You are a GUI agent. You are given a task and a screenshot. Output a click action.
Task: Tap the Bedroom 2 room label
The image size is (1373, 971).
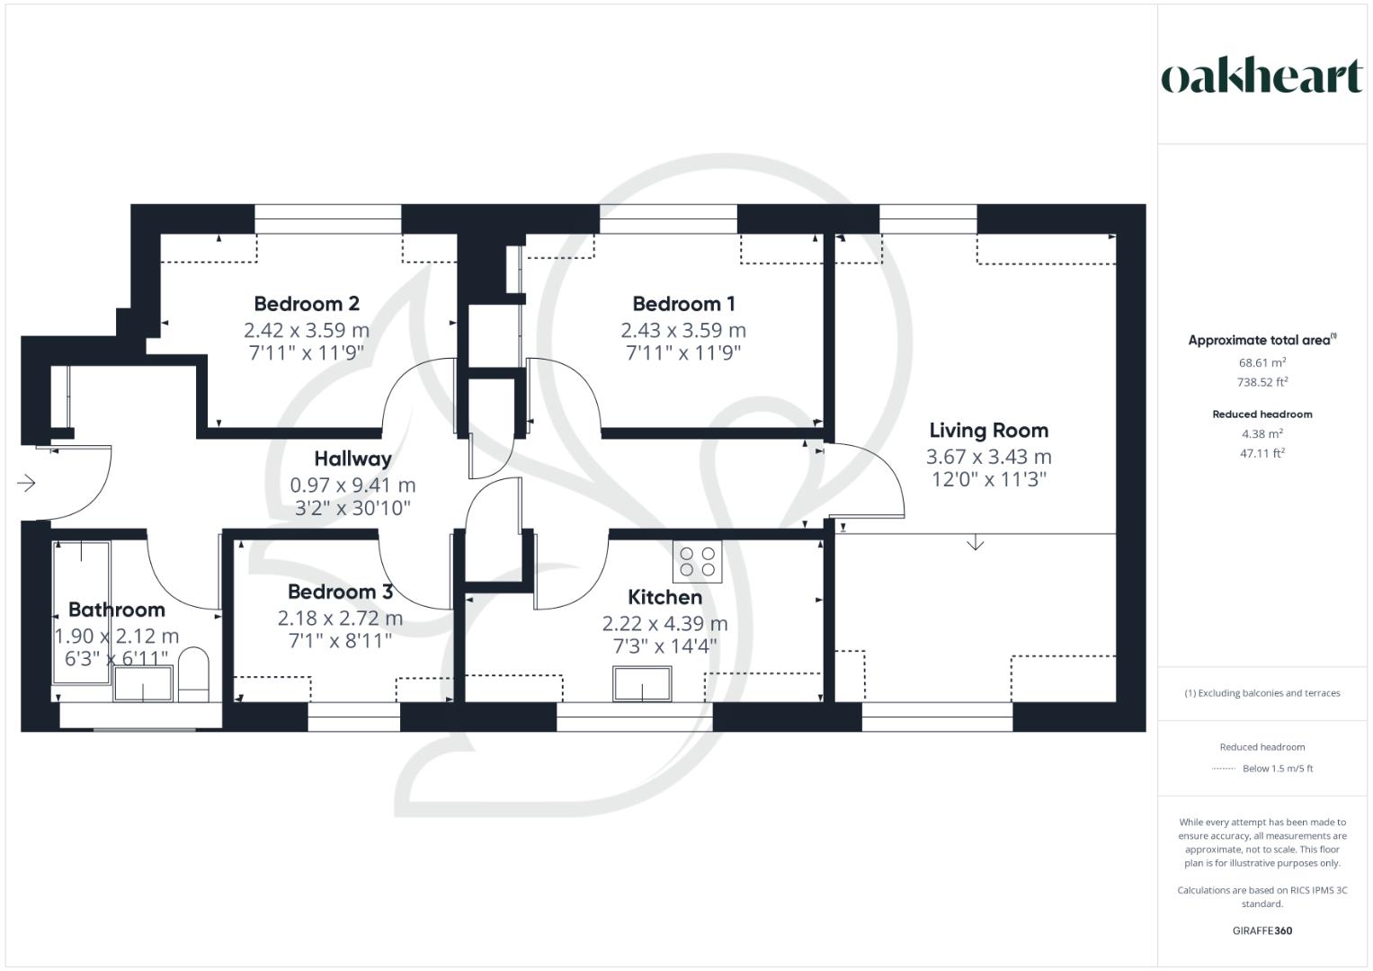[x=307, y=304]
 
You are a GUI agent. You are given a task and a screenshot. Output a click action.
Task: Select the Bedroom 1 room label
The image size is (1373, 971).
[x=683, y=304]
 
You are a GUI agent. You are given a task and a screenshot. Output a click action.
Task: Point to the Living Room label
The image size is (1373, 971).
[x=989, y=431]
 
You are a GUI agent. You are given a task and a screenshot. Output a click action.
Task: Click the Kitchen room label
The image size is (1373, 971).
[x=665, y=597]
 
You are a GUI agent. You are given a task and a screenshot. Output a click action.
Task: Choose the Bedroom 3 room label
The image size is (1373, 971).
[x=340, y=592]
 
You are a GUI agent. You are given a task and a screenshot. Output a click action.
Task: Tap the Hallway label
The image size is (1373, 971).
[x=352, y=459]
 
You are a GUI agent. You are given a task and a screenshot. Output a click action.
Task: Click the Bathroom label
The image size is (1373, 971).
[x=117, y=610]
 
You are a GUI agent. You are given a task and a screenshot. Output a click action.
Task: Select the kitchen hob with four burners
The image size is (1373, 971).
[x=697, y=561]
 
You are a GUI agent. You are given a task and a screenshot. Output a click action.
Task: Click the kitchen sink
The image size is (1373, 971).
[x=642, y=683]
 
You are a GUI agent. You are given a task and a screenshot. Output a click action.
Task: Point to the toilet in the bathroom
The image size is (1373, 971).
[x=193, y=674]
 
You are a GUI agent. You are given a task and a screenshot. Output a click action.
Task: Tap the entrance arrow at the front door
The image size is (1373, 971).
[x=26, y=483]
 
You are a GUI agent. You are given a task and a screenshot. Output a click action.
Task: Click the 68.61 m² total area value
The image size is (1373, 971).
[x=1262, y=362]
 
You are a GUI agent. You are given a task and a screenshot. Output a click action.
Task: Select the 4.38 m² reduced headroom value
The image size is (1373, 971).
[x=1262, y=433]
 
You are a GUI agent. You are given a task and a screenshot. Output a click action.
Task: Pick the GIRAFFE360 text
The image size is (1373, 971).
[x=1262, y=931]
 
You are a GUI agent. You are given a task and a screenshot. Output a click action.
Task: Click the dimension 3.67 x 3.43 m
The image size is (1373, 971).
[x=989, y=457]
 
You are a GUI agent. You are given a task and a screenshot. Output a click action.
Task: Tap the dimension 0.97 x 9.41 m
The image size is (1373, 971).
[x=352, y=485]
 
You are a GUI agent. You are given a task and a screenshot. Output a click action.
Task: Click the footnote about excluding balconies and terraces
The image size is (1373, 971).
[x=1262, y=693]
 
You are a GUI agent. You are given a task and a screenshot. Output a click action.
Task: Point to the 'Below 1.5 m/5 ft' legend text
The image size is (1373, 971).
[x=1278, y=769]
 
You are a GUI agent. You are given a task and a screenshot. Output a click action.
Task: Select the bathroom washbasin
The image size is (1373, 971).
[x=143, y=683]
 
